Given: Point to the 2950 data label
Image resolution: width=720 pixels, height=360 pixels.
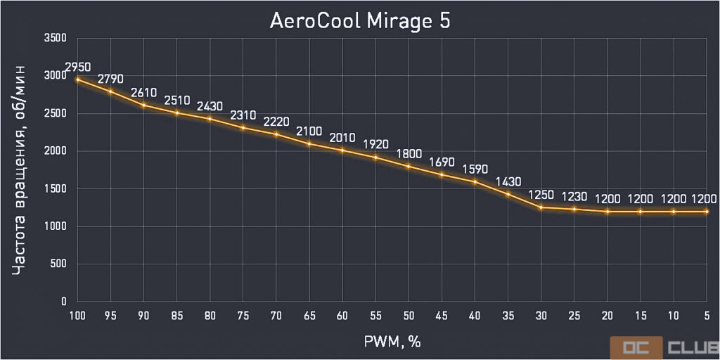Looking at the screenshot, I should [x=78, y=67].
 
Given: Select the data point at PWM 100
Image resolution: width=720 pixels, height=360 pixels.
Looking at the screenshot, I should [x=78, y=79].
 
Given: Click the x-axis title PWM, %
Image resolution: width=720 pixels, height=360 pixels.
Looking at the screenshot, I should [x=392, y=342].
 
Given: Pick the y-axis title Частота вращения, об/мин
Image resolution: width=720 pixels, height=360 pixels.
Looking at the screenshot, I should [x=21, y=169].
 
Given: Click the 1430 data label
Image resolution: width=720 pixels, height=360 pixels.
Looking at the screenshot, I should [x=508, y=181].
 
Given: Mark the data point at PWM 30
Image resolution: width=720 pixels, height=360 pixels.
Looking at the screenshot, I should [x=541, y=207].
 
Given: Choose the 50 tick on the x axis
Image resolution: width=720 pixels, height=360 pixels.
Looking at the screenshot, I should [x=409, y=316].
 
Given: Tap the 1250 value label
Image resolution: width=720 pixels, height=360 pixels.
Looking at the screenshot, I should [x=541, y=195].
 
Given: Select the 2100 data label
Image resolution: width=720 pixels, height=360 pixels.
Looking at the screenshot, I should [x=309, y=131].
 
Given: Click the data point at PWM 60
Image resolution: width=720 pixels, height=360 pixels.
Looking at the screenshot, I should [x=342, y=150].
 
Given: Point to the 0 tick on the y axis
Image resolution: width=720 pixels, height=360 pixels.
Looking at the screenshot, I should [x=63, y=302].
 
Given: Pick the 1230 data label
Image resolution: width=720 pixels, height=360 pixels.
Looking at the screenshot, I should [x=574, y=197].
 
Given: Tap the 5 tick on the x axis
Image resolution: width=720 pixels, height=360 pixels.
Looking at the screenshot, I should [x=707, y=316].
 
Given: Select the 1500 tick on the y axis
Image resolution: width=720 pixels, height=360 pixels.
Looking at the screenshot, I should [x=54, y=189].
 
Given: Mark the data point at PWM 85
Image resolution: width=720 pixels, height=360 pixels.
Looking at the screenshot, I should [x=177, y=112].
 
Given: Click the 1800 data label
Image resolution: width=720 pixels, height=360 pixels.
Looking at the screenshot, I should [x=409, y=154].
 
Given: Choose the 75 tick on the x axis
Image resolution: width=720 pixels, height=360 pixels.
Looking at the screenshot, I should [x=243, y=316].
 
